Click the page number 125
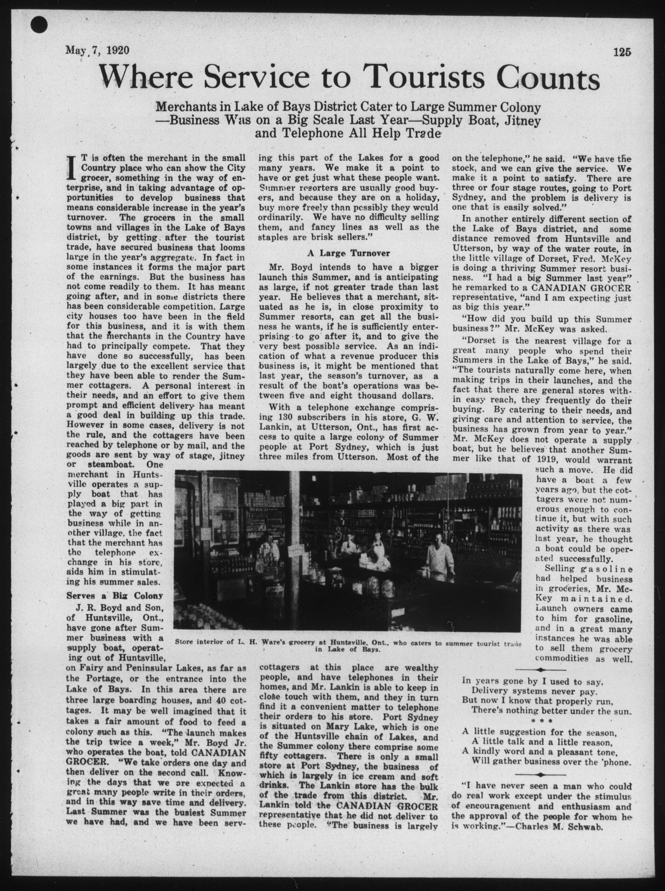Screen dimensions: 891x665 [x=622, y=52]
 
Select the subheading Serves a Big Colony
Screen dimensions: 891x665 [x=115, y=595]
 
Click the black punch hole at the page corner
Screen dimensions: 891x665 [x=39, y=26]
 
